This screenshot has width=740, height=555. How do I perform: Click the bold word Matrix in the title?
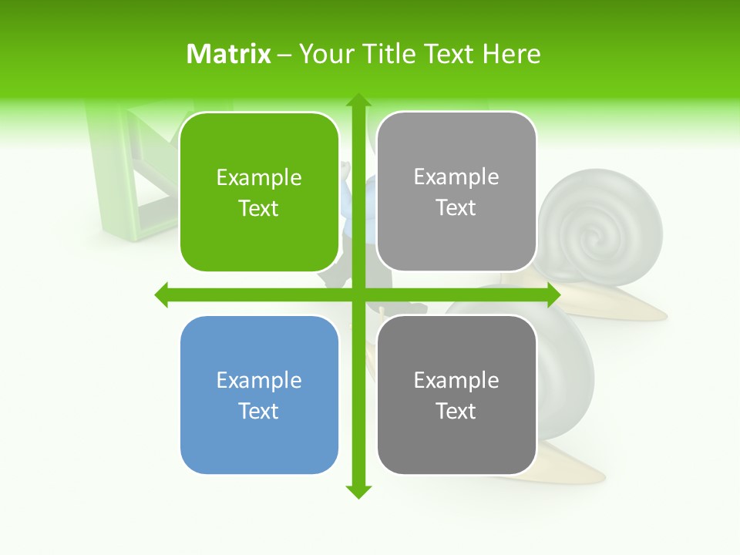[x=229, y=54]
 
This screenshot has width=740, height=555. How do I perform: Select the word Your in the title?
[x=324, y=54]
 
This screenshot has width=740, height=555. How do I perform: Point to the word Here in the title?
[x=511, y=54]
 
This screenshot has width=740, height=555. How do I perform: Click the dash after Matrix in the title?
[x=284, y=55]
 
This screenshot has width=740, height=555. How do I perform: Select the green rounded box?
[x=259, y=193]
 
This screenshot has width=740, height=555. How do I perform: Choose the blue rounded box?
[x=259, y=395]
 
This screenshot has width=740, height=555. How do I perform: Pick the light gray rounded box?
[x=456, y=192]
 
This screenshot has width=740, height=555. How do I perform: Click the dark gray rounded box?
[x=456, y=395]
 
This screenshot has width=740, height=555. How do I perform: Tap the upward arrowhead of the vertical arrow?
[x=358, y=100]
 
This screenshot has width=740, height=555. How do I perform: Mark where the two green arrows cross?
[x=358, y=294]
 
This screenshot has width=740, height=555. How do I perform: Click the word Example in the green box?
[x=259, y=177]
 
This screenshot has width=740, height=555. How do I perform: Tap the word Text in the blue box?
[x=259, y=411]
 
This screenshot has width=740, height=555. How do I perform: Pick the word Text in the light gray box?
[x=456, y=208]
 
